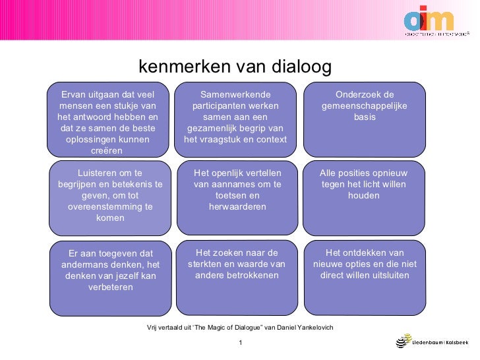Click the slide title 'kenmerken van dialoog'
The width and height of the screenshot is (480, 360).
click(x=234, y=67)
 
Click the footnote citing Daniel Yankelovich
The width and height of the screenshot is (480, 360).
click(x=240, y=328)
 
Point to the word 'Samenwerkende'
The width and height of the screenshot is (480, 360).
click(x=235, y=94)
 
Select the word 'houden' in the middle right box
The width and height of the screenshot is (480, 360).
click(x=364, y=195)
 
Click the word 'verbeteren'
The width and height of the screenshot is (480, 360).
click(x=110, y=287)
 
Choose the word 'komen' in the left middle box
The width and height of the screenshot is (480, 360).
click(x=110, y=218)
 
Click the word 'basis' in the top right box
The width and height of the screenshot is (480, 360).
click(x=365, y=117)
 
